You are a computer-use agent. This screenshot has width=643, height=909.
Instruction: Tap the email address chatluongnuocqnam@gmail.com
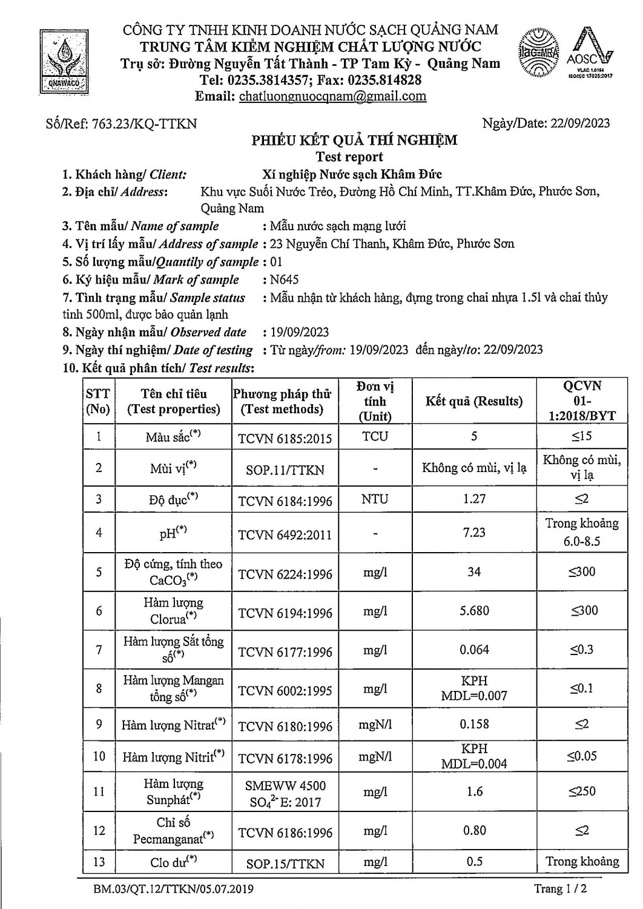coord(332,96)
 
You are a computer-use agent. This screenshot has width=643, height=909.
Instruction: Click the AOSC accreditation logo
coord(590,55)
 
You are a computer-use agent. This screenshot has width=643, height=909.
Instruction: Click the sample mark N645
coord(285,279)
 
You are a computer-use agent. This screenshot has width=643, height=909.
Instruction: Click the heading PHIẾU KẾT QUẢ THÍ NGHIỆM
coord(355,141)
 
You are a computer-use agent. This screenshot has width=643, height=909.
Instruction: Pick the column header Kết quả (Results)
coord(474,401)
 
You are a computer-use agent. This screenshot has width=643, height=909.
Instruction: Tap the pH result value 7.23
coord(474,532)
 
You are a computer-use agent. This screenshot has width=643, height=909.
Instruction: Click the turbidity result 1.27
coord(474,499)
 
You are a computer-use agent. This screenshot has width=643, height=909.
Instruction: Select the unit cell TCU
coord(375,436)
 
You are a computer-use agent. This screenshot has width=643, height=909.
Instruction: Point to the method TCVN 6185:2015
coord(285,438)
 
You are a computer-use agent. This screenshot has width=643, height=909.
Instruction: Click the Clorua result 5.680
coord(474,611)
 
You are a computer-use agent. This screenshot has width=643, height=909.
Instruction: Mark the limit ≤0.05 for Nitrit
coord(581,756)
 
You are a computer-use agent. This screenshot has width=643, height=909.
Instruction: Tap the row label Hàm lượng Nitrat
coord(173,725)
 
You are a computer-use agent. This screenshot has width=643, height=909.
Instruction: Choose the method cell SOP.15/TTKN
coord(285,864)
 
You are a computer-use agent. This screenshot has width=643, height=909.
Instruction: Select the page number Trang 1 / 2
coord(561,889)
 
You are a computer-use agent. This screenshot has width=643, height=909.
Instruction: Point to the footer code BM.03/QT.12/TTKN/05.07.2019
coord(173,890)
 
